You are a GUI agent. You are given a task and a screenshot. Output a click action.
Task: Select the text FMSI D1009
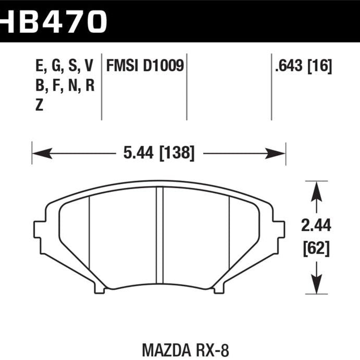click(145, 66)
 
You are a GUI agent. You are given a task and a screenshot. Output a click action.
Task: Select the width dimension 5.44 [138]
click(158, 153)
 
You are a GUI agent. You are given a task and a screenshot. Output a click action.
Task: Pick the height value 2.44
click(316, 226)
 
